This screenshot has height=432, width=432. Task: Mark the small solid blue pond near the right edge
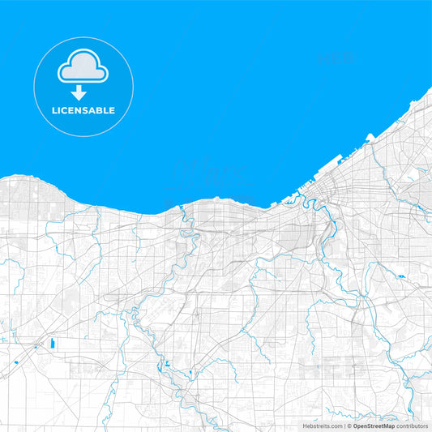click(400, 277)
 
